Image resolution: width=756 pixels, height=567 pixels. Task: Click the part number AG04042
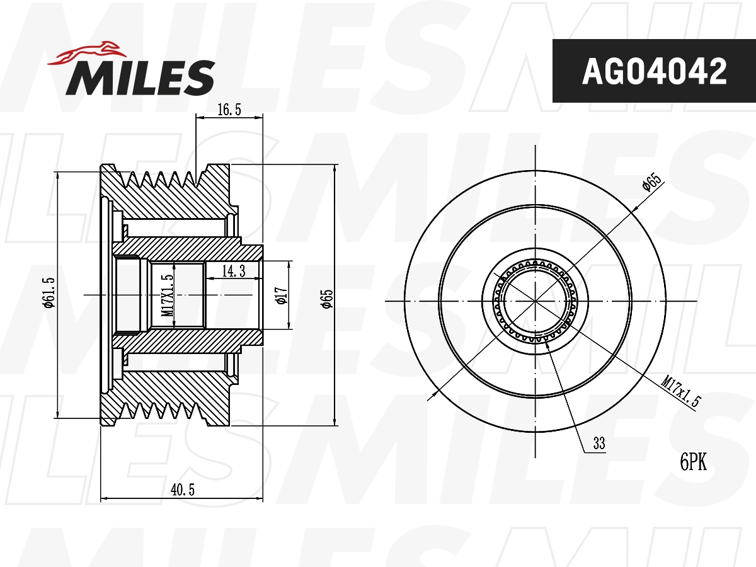654,71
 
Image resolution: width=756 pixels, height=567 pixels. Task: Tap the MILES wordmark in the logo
140,78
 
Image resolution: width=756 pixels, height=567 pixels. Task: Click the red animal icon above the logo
86,53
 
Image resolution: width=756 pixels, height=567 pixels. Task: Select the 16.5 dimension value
229,110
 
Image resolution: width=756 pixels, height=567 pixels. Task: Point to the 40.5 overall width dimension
181,490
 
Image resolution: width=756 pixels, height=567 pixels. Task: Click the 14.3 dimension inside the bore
233,271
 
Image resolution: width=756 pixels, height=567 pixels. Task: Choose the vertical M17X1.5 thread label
167,295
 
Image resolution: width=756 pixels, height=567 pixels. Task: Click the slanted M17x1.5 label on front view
681,391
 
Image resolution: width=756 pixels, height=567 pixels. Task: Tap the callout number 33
598,444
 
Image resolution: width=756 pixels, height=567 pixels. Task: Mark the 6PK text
693,463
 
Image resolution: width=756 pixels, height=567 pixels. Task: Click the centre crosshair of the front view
535,301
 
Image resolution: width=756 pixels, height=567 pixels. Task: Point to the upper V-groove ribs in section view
164,179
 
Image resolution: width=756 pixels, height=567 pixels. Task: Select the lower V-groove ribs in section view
164,411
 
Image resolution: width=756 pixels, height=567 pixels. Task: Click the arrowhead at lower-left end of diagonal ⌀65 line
431,396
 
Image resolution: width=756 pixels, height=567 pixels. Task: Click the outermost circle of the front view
535,171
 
